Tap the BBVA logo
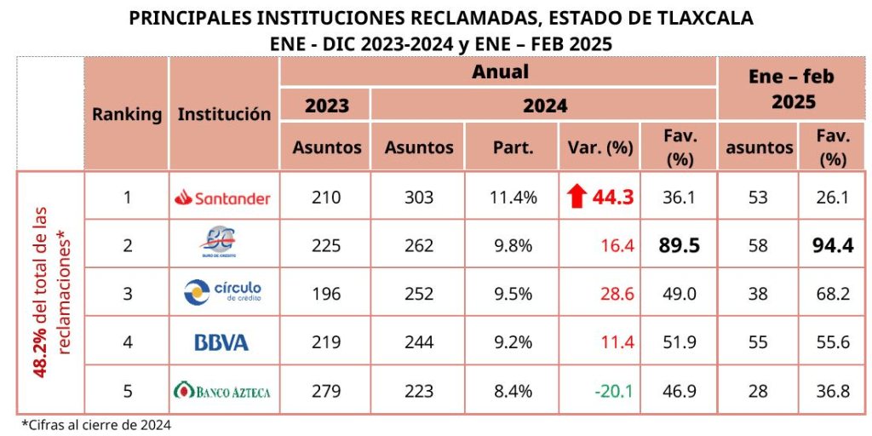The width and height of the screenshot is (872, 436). (221, 343)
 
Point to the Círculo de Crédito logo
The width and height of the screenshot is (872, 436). (222, 293)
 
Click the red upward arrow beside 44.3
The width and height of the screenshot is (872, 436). (577, 198)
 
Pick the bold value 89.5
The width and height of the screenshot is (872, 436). (679, 245)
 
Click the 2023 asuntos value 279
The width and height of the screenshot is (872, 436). (326, 392)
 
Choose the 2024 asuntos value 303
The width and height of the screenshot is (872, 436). (419, 198)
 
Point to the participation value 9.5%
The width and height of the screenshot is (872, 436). (513, 294)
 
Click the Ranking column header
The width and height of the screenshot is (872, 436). (127, 114)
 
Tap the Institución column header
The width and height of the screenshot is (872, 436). (224, 114)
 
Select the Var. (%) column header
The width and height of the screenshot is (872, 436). (600, 147)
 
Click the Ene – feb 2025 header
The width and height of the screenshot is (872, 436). (791, 89)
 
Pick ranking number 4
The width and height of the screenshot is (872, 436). (128, 342)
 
